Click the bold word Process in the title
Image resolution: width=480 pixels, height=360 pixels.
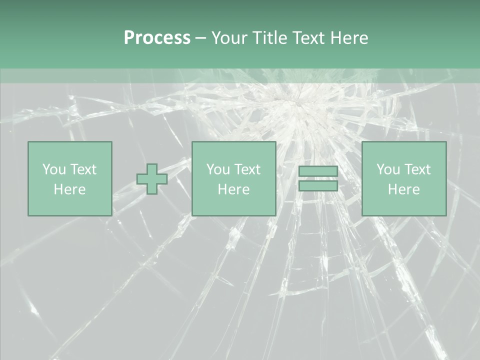click(x=157, y=38)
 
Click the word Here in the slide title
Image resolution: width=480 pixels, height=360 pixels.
click(x=350, y=38)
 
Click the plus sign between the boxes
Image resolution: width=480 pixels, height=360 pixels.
click(x=152, y=179)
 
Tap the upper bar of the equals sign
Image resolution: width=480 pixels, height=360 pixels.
click(x=318, y=171)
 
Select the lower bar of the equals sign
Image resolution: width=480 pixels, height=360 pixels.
click(x=318, y=185)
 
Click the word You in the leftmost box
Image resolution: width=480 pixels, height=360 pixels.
click(x=54, y=169)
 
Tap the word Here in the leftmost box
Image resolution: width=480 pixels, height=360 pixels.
click(x=69, y=189)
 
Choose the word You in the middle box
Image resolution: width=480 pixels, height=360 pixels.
click(x=218, y=169)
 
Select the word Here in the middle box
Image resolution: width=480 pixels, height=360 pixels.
click(x=233, y=189)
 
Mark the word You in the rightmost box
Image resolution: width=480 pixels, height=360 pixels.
click(x=388, y=169)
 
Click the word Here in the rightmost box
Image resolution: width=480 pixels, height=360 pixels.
click(x=403, y=189)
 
